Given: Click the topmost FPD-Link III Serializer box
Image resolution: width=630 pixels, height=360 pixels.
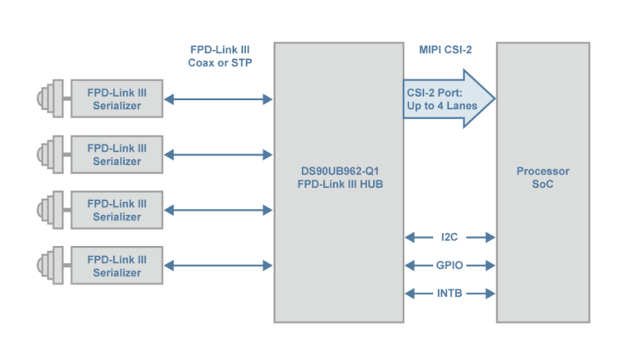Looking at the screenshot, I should point(116,99).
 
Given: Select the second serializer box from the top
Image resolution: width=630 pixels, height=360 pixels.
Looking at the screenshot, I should point(116,155).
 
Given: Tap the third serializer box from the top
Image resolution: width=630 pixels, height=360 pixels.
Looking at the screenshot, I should point(116,210).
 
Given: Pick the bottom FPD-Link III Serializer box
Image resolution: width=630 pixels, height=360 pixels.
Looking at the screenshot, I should point(116,266).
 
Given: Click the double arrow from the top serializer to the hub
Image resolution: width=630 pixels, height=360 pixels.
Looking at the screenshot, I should point(218,99).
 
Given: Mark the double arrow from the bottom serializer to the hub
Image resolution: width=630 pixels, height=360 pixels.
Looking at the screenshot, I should point(218,266).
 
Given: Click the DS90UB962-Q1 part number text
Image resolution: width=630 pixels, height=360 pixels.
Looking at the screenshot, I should point(340,171).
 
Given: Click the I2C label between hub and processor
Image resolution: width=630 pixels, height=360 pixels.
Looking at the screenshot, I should point(450,238).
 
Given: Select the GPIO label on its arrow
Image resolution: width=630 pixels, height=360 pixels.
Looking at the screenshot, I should point(450,266).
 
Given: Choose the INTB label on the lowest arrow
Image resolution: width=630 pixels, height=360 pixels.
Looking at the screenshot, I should point(450,293).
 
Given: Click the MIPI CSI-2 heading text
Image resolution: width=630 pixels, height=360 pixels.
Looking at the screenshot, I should point(445,50).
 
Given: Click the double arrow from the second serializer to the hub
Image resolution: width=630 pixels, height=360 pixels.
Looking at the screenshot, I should point(218,155).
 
